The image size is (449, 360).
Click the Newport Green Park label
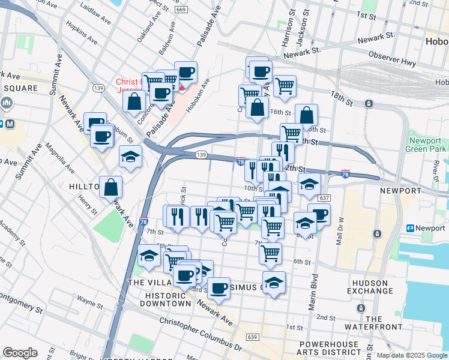(429, 144)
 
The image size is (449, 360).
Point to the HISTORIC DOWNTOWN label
(165, 299)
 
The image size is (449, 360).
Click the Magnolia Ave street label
(61, 157)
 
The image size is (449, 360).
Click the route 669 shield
(181, 10)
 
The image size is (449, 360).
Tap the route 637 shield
(325, 198)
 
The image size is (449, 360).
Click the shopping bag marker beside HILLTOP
(110, 187)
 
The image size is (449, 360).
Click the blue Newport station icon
(411, 228)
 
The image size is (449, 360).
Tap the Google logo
(20, 353)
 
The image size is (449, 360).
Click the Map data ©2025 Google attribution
(411, 355)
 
